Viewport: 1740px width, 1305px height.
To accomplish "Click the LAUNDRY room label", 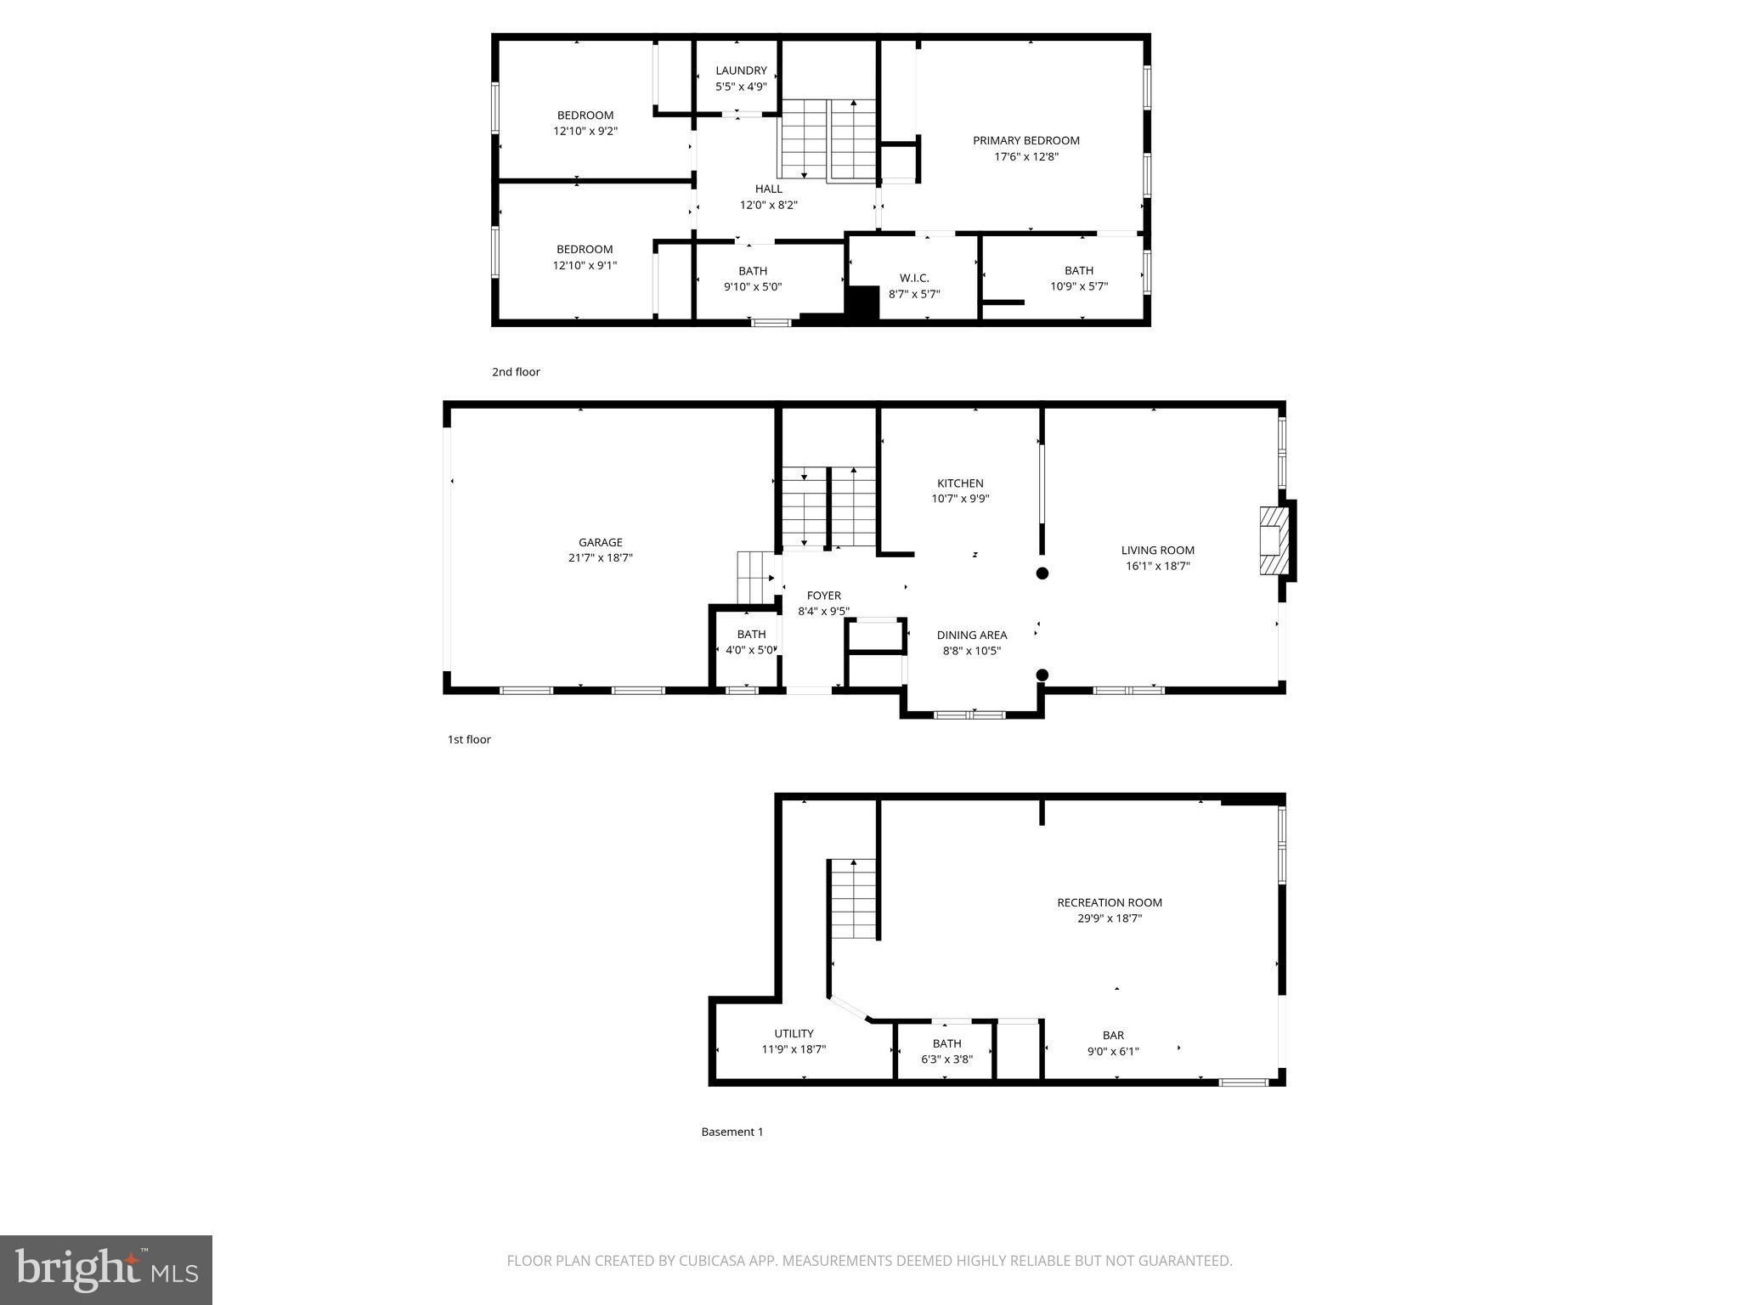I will [x=741, y=71].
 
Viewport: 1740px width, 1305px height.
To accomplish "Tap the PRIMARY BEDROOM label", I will [x=1026, y=140].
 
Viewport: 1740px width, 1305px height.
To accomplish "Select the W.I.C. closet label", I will [x=914, y=278].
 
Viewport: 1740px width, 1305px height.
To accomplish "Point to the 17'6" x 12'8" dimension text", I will [x=1026, y=156].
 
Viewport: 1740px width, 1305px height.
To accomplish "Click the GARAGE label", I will [x=601, y=542].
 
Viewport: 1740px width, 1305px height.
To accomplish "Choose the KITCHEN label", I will [x=960, y=483].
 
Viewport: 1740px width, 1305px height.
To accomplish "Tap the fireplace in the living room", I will [x=1273, y=541].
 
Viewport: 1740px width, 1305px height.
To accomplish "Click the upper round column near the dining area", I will [x=1042, y=573].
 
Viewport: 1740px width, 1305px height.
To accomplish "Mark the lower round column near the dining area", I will [x=1042, y=675].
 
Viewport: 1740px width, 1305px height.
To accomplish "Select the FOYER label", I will [x=823, y=596].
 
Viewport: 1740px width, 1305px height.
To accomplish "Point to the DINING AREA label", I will [x=972, y=635].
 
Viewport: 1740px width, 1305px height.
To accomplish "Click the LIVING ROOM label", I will [x=1157, y=550].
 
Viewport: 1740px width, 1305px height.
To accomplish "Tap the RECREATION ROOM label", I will [x=1110, y=902].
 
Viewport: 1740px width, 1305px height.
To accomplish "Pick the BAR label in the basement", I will [x=1113, y=1035].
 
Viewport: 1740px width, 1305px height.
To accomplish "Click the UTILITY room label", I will [x=794, y=1033].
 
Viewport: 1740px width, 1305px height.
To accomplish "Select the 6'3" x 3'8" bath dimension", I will [x=946, y=1059].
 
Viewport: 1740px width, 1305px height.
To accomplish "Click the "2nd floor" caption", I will [x=516, y=372].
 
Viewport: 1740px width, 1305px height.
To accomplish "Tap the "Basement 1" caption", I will [x=732, y=1132].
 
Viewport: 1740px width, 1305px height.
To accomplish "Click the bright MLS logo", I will [x=106, y=1270].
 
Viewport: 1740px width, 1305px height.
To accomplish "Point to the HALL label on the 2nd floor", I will [x=769, y=189].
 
